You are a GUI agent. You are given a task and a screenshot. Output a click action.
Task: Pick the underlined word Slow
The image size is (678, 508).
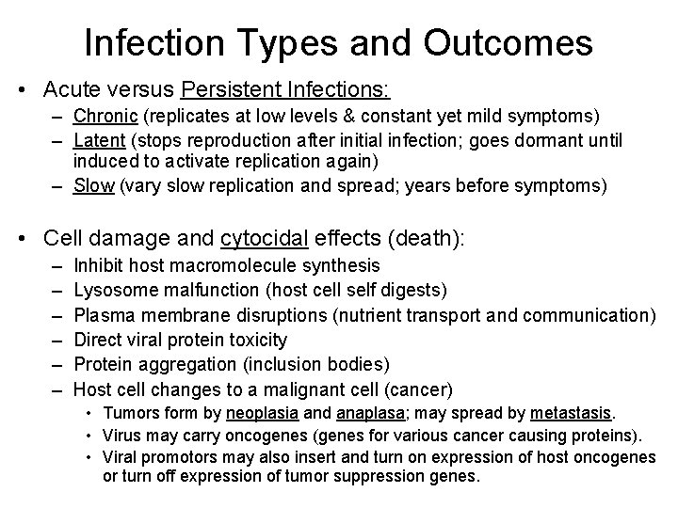tap(92, 185)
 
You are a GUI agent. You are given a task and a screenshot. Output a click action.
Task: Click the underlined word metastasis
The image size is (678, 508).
tap(571, 413)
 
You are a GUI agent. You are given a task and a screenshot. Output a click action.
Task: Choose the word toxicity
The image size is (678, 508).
tap(255, 340)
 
